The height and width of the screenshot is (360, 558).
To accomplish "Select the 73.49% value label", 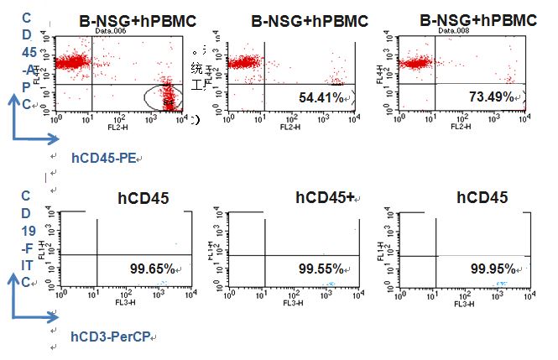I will [489, 97].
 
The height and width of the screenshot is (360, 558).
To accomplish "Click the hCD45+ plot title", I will [326, 198].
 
